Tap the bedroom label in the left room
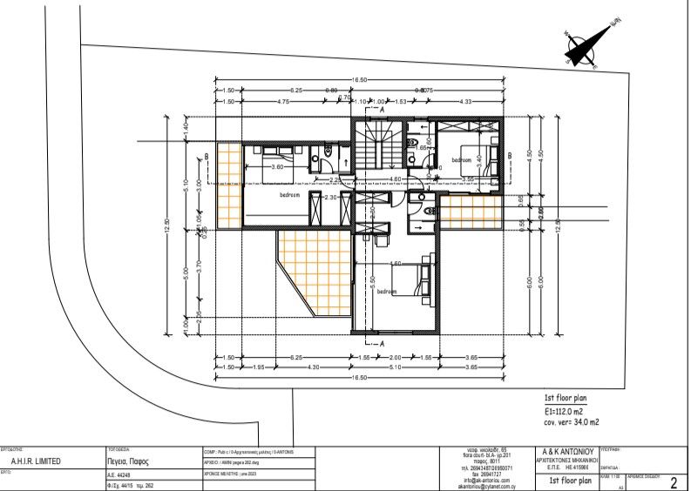coord(290,195)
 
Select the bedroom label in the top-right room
coord(462,160)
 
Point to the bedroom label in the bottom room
coord(387,292)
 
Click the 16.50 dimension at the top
coord(360,80)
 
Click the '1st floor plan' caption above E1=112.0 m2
coord(568,396)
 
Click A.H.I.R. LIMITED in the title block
coord(36,461)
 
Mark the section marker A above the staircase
coord(381,111)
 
